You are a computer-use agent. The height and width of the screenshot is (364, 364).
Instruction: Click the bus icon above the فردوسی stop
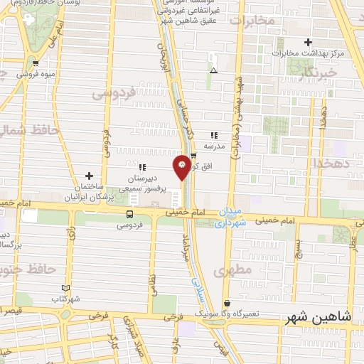(x=129, y=213)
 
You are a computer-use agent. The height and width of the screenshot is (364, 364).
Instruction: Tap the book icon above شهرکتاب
(x=65, y=287)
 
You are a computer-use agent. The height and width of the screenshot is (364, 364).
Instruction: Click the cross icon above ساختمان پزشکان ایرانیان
(x=89, y=176)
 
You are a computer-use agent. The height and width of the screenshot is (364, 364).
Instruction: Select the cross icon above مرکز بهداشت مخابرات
(x=308, y=42)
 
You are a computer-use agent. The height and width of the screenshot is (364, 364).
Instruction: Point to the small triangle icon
(x=213, y=70)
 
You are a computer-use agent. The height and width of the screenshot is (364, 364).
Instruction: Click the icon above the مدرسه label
(x=213, y=135)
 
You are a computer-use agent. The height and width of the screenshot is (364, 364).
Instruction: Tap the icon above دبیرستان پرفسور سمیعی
(x=142, y=167)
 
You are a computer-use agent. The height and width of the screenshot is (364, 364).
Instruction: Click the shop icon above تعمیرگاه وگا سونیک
(x=227, y=303)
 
